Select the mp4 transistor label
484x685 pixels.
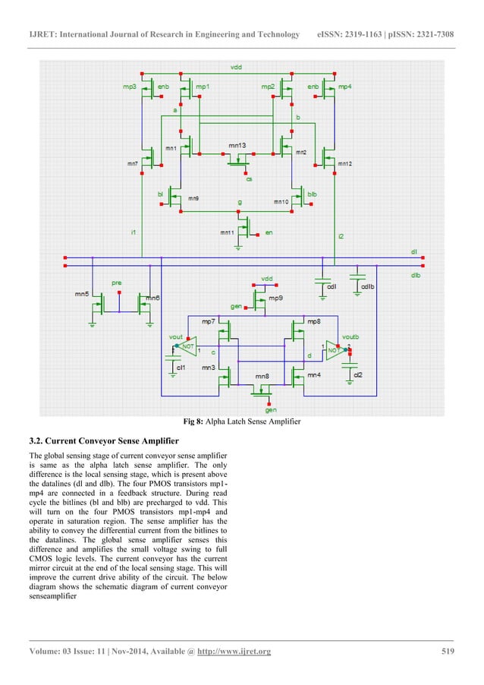coord(344,87)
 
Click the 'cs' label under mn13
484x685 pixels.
coord(249,178)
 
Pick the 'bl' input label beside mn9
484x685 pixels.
coord(160,194)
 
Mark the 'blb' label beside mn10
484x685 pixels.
coord(312,194)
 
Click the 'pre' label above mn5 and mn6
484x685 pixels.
coord(116,283)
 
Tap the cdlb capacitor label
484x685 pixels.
coord(367,286)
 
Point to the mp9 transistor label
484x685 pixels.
coord(276,298)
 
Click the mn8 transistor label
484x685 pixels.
coord(262,376)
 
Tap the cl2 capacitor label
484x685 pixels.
coord(357,374)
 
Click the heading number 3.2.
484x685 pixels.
coord(35,441)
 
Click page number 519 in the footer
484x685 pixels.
coord(448,651)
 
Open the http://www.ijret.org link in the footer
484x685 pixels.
coord(233,652)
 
